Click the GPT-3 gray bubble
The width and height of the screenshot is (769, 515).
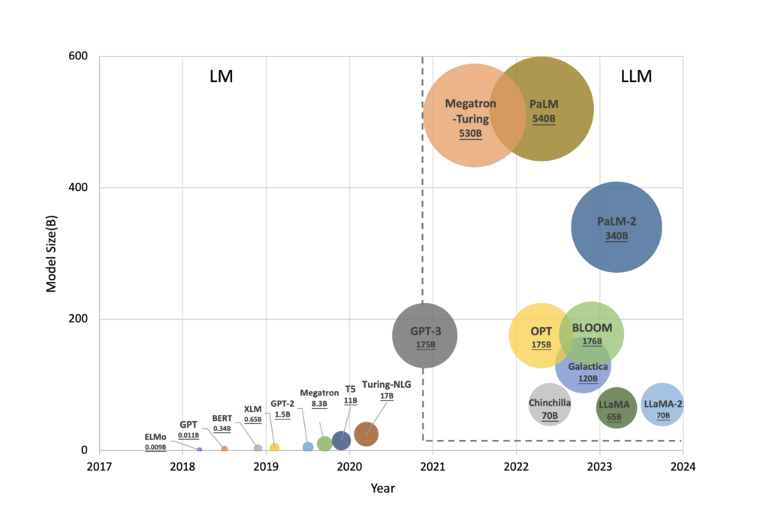click(x=425, y=335)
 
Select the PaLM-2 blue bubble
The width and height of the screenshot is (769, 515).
click(x=617, y=227)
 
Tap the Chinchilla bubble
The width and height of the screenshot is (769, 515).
click(x=550, y=404)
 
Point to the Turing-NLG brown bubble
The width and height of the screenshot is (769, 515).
click(x=366, y=434)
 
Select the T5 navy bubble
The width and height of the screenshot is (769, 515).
click(x=341, y=441)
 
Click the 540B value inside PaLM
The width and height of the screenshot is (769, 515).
click(x=544, y=120)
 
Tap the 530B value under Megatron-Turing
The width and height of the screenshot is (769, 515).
click(x=470, y=133)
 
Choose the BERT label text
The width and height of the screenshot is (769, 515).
click(x=222, y=418)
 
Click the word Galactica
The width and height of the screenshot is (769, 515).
click(x=588, y=366)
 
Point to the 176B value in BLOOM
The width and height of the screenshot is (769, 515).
click(x=592, y=342)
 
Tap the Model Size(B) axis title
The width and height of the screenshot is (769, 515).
click(x=52, y=253)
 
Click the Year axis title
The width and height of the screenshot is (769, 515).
click(x=382, y=489)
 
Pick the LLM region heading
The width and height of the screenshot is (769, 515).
click(x=636, y=76)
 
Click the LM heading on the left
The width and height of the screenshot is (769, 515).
click(x=221, y=76)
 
